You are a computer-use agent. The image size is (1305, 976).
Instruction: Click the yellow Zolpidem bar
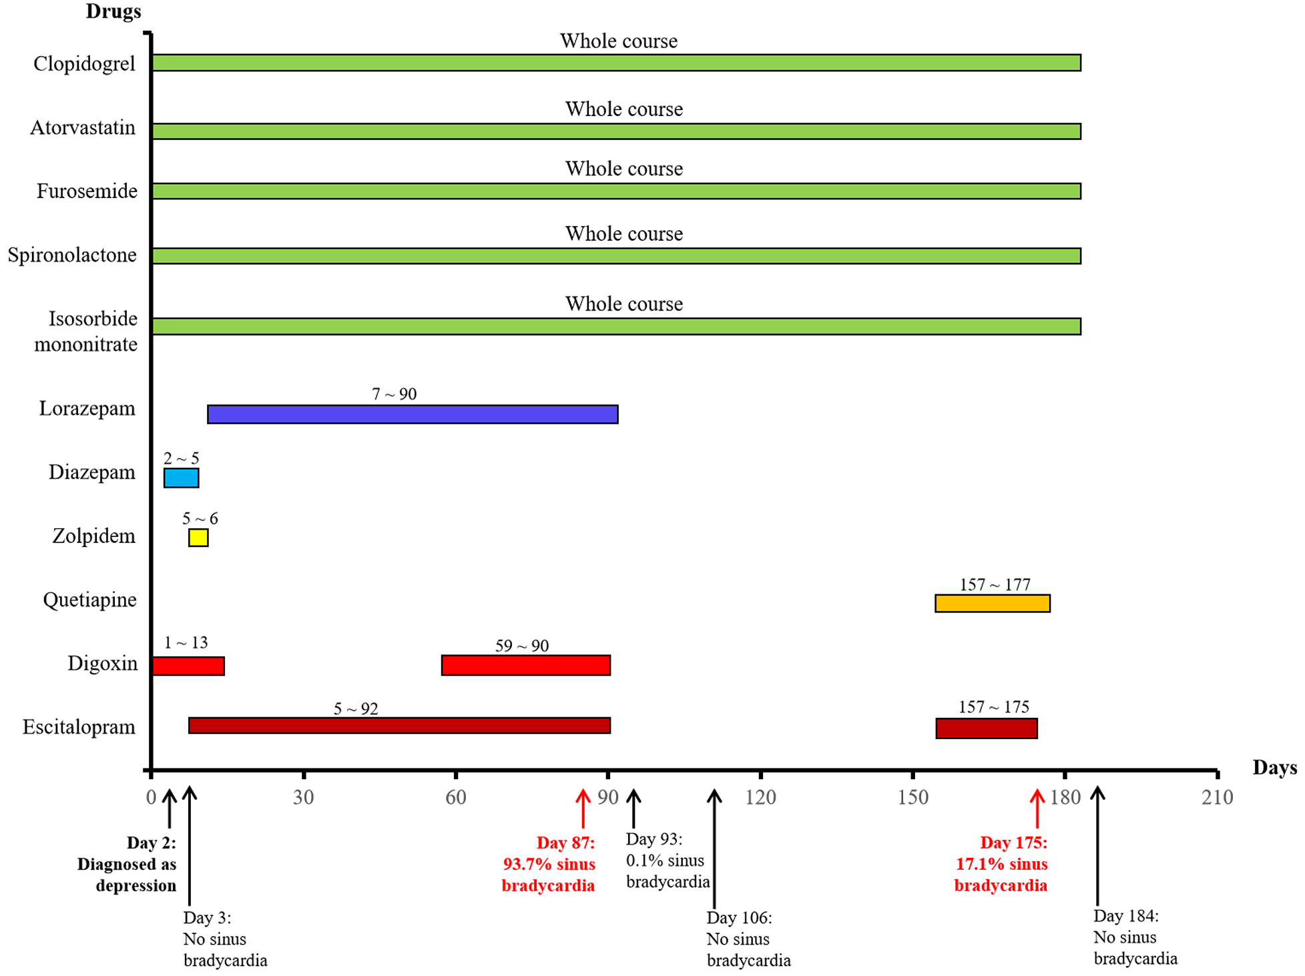coord(198,538)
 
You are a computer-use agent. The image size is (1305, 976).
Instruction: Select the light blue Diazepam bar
coord(181,478)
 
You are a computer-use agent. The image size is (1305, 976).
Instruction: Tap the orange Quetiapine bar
coord(992,604)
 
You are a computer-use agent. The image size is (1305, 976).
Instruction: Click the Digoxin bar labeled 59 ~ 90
coord(525,666)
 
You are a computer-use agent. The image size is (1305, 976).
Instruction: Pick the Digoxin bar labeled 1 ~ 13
coord(188,666)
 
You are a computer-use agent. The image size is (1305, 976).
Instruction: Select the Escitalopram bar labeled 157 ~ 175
coord(986,728)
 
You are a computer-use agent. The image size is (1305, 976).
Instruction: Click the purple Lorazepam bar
coord(413,414)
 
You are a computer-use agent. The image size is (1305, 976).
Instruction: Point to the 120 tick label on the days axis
coord(760,798)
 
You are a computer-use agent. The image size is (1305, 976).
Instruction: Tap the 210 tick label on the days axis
coord(1217,798)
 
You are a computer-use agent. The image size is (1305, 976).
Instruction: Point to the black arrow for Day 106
coord(714,847)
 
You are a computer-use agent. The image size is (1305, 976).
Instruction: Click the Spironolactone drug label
coord(72,255)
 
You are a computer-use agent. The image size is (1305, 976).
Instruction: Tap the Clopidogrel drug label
coord(84,64)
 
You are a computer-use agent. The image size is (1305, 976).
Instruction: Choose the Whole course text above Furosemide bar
coord(623,169)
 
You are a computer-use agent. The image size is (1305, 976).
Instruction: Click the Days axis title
coord(1274,768)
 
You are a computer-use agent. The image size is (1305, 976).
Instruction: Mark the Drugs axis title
coord(113,11)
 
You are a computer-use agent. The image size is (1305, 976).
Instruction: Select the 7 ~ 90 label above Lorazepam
coord(394,394)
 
